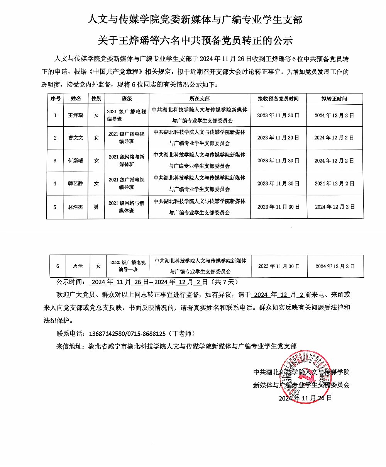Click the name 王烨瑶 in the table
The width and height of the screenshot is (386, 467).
pyautogui.click(x=76, y=115)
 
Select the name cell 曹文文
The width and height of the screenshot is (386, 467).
pyautogui.click(x=76, y=138)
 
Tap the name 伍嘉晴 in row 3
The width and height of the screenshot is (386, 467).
pyautogui.click(x=76, y=161)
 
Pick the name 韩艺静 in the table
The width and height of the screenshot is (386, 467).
pyautogui.click(x=76, y=183)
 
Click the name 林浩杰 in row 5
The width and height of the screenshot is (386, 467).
pyautogui.click(x=76, y=207)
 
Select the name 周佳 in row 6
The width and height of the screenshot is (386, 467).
pyautogui.click(x=78, y=266)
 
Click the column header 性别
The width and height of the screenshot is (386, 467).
pyautogui.click(x=96, y=98)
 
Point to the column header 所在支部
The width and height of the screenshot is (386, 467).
pyautogui.click(x=200, y=98)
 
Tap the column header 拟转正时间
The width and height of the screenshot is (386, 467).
pyautogui.click(x=334, y=98)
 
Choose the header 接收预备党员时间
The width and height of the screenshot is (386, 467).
pyautogui.click(x=278, y=98)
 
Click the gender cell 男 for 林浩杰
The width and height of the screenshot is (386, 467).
pyautogui.click(x=96, y=207)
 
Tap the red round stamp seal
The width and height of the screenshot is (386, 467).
pyautogui.click(x=308, y=378)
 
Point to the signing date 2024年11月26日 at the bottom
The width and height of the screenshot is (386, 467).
pyautogui.click(x=305, y=398)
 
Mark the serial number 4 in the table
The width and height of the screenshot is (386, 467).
pyautogui.click(x=55, y=183)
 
